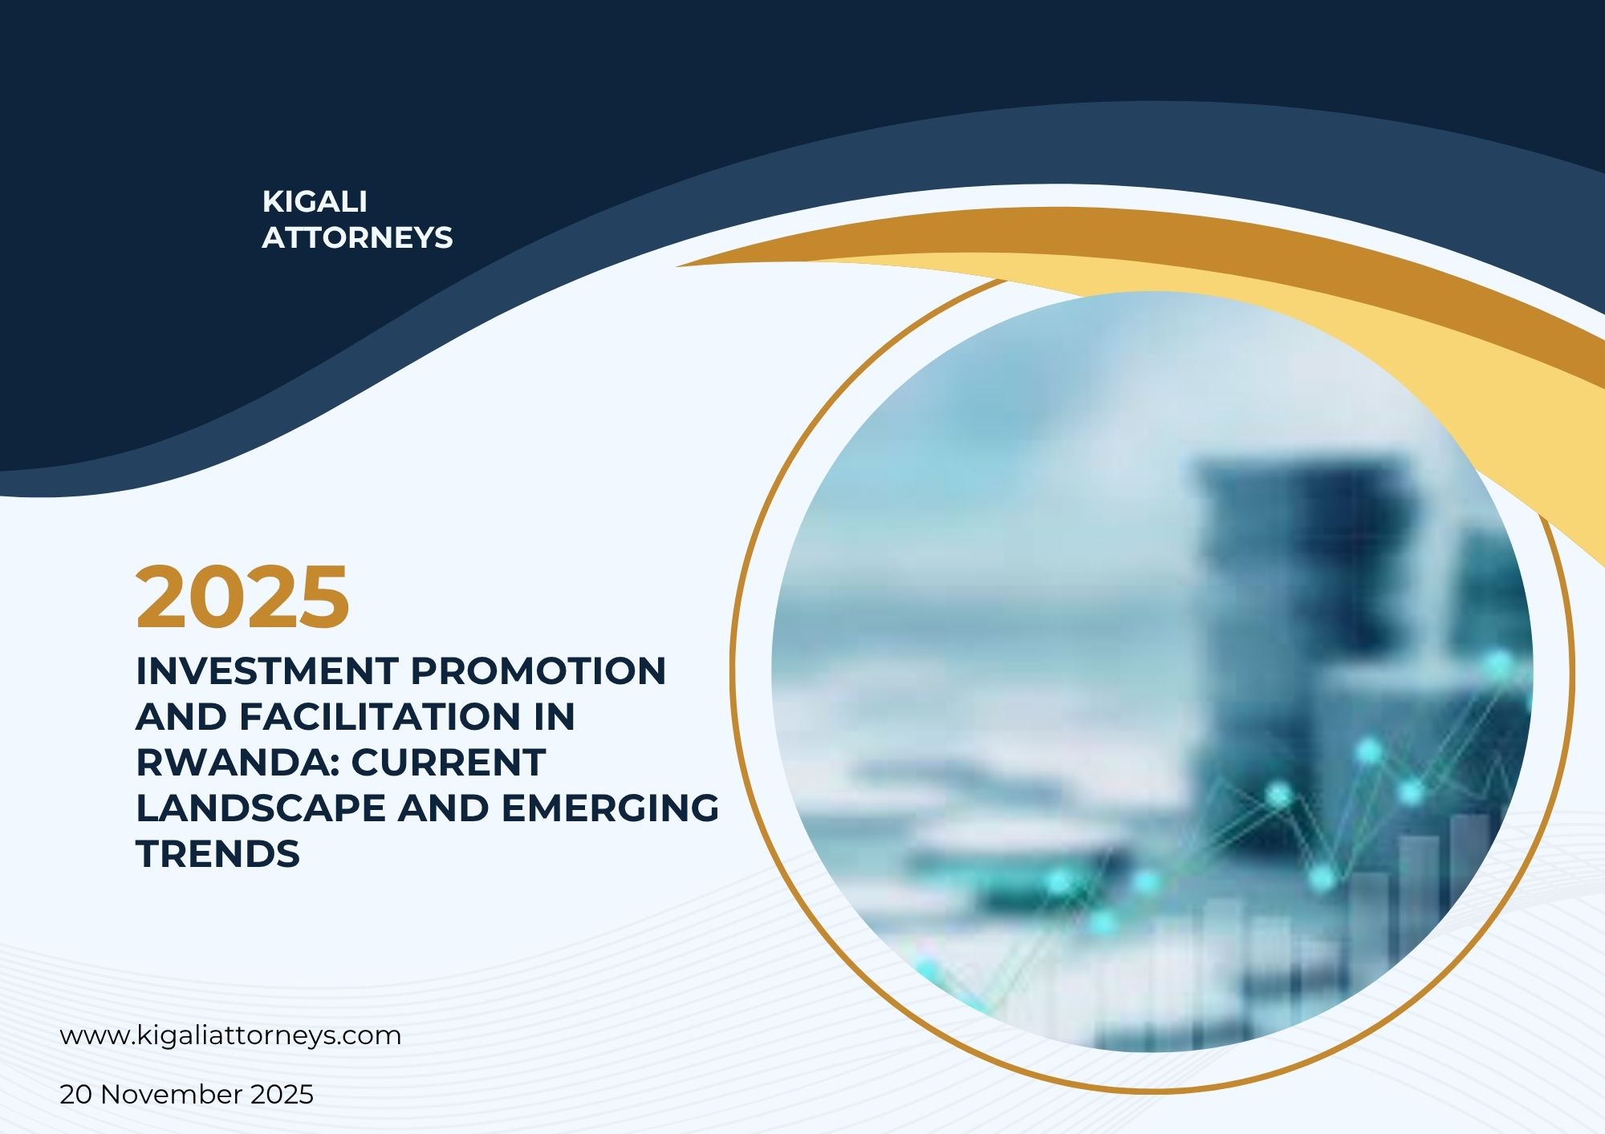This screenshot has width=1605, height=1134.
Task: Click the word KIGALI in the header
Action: [x=315, y=201]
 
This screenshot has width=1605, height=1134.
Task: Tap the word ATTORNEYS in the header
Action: [x=357, y=237]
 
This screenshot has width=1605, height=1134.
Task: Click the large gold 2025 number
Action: [x=243, y=597]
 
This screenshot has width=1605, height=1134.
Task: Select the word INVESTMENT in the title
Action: [x=267, y=670]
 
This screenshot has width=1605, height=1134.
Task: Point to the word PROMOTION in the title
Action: [x=538, y=670]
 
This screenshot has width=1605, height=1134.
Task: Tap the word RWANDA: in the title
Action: [x=238, y=762]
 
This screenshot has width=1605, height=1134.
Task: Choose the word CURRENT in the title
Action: [x=449, y=762]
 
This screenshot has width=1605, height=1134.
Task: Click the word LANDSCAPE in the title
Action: [x=261, y=808]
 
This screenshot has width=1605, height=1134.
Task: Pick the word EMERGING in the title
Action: [x=611, y=808]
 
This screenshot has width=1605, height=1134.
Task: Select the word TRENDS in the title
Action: [x=218, y=853]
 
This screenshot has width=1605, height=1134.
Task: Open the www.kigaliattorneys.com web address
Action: [x=231, y=1035]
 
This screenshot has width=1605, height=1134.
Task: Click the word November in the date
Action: [x=172, y=1095]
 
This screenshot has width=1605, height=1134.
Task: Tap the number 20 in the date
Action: [x=76, y=1095]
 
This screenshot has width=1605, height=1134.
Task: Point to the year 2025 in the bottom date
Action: [x=282, y=1095]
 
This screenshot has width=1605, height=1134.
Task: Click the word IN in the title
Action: [x=555, y=716]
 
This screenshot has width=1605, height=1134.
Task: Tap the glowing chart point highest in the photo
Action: [x=1497, y=663]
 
